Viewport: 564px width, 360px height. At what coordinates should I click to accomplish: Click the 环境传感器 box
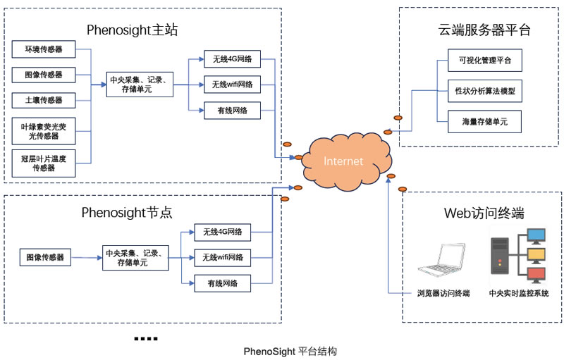43,49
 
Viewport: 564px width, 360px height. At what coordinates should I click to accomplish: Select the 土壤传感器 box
43,100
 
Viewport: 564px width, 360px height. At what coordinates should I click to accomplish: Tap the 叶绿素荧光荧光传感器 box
43,130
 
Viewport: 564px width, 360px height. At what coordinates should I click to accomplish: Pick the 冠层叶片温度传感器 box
43,163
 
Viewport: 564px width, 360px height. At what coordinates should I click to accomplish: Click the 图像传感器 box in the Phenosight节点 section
45,257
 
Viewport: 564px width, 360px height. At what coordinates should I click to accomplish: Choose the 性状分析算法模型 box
485,91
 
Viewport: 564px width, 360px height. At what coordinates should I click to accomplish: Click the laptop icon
442,261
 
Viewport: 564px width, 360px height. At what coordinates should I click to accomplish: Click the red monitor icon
536,274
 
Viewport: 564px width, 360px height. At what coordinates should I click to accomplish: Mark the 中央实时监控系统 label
519,293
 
